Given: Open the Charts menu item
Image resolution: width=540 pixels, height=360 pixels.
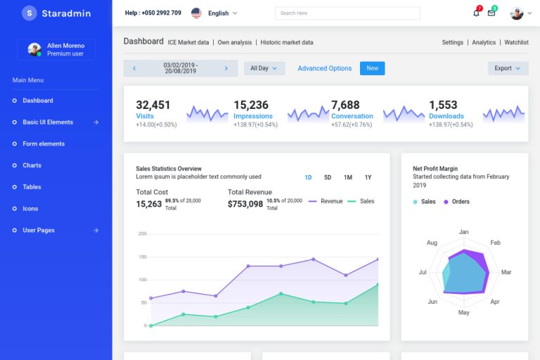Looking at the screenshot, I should click(32, 165).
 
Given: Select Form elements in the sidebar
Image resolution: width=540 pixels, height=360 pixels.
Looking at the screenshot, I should click(43, 143).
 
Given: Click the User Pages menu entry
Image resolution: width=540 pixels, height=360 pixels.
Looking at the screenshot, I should click(38, 230).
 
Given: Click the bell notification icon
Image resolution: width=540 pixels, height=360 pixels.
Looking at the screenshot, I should click(476, 13).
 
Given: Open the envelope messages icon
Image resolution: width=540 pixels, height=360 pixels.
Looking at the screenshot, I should click(491, 13).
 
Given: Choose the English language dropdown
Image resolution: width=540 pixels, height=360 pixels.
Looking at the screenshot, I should click(218, 13).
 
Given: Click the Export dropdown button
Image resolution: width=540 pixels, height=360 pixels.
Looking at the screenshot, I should click(508, 68).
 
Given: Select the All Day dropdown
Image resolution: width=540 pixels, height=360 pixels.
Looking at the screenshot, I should click(264, 68).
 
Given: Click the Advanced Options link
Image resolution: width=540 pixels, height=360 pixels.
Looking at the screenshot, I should click(324, 68).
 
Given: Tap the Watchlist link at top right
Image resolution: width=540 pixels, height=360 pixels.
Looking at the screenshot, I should click(516, 42).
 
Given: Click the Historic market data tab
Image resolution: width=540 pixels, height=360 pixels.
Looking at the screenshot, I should click(287, 42).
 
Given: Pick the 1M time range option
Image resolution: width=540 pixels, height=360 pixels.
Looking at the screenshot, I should click(347, 177).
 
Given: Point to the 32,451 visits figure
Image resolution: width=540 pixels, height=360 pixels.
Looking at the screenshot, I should click(153, 105).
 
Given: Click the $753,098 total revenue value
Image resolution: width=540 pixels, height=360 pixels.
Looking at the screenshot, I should click(245, 204).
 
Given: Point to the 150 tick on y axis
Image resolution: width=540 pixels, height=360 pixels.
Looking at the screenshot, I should click(142, 257).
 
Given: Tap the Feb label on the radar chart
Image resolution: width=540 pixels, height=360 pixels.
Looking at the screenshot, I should click(495, 243).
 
